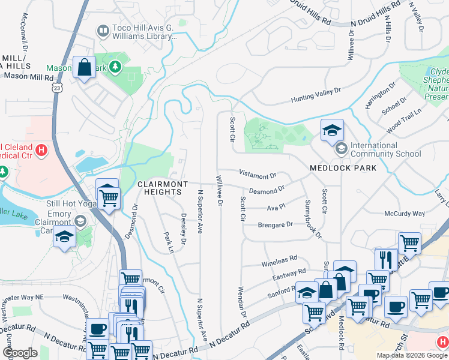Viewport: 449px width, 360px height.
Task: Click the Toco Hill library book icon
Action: pos(103,30)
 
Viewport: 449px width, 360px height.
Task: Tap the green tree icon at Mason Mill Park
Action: pos(115,67)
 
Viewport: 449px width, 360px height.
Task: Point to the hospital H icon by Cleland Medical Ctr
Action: pos(41,149)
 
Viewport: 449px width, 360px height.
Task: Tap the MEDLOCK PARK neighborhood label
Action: pos(343,168)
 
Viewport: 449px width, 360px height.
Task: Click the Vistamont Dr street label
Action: pos(257,175)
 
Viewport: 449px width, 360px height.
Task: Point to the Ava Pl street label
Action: pos(275,208)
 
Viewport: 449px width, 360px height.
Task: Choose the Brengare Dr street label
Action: pos(275,224)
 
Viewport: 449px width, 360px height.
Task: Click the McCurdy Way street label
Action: pos(404,214)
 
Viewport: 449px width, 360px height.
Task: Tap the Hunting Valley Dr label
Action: pos(316,94)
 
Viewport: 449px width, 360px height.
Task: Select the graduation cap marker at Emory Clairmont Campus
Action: pos(64,238)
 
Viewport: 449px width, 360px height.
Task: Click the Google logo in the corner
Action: pos(20,352)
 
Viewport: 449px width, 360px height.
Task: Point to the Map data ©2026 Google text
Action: pos(412,355)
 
